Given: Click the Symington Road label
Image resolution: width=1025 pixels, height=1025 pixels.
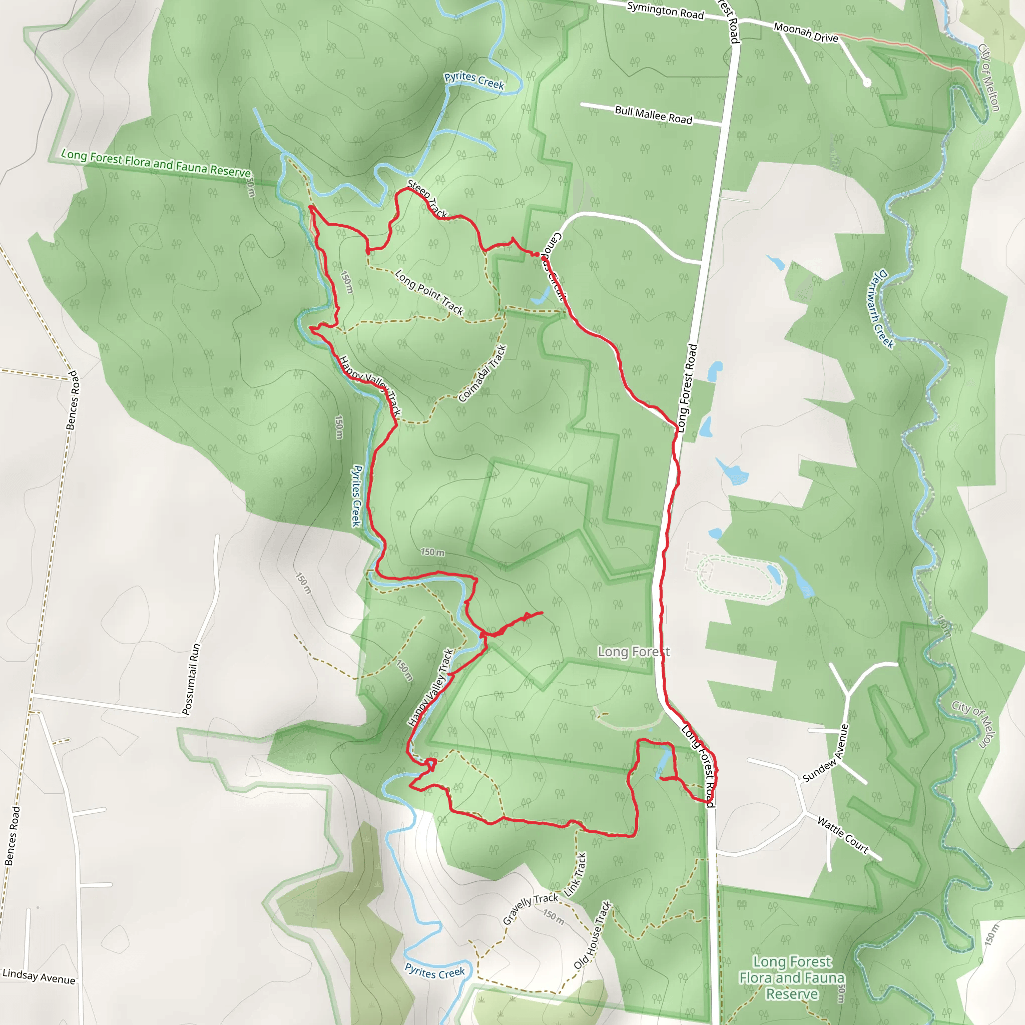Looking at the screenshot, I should pos(665,11).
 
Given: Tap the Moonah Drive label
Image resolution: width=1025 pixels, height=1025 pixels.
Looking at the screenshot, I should pos(805,33).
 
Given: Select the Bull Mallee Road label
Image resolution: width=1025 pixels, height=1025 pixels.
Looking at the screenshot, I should pos(653,115).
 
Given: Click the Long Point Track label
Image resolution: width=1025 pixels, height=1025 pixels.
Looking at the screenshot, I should pos(429,292).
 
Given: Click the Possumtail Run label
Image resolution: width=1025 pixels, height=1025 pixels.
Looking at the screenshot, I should pos(192,679).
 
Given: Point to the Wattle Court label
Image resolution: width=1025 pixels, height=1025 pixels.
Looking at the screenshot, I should pos(843,836).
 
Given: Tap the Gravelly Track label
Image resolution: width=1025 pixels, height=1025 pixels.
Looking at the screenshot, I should pos(530,908).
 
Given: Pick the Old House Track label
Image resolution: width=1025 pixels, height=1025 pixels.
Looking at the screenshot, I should pos(593,935).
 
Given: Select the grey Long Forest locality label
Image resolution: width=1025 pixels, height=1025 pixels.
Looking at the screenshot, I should pos(634,652).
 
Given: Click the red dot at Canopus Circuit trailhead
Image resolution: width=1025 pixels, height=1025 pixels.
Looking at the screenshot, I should pos(537,255).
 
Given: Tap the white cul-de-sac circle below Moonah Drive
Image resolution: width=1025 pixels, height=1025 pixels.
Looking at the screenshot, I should pos(867,82).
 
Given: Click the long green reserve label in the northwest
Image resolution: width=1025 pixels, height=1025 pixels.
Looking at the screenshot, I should pos(156,163).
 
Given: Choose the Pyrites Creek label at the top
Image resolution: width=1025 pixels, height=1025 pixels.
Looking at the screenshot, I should pos(474,80).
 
